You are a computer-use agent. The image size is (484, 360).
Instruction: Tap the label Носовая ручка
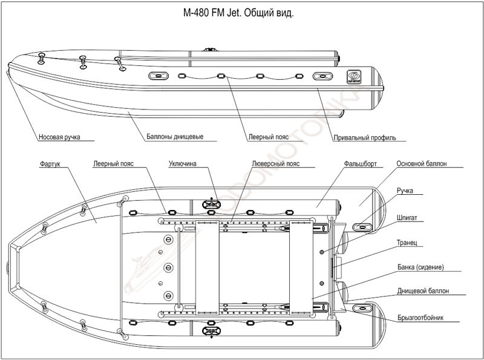(x=59, y=137)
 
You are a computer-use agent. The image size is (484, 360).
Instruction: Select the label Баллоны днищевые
(x=174, y=137)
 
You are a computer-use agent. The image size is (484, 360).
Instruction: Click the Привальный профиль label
(x=364, y=137)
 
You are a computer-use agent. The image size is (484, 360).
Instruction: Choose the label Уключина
(x=183, y=163)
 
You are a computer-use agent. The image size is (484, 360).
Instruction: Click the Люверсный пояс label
(x=276, y=163)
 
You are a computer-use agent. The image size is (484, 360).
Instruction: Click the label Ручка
(x=405, y=191)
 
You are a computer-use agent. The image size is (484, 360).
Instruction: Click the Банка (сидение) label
(x=421, y=267)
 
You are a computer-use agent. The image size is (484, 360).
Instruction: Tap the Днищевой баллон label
(x=423, y=291)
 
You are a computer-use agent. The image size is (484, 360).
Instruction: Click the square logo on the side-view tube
(x=353, y=77)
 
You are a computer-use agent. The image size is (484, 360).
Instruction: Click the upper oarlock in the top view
(x=210, y=204)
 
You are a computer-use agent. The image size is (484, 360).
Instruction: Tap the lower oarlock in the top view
(x=210, y=331)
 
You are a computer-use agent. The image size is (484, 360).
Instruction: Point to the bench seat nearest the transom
(x=301, y=266)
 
